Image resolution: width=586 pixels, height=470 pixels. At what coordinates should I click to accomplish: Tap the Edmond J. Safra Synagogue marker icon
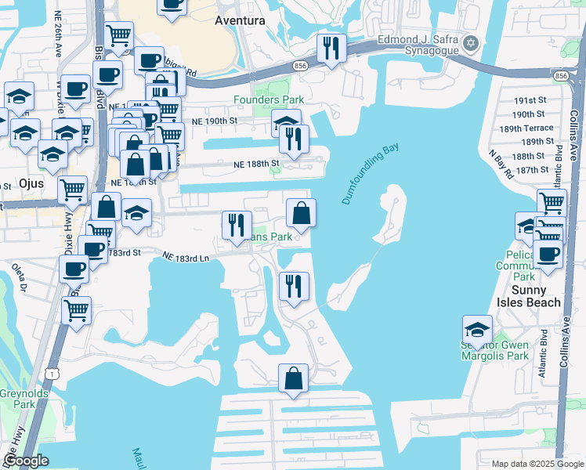(x=471, y=42)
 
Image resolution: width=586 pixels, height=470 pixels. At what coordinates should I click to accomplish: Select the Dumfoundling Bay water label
(x=371, y=175)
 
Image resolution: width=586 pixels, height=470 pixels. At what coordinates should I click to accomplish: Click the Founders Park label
(x=268, y=99)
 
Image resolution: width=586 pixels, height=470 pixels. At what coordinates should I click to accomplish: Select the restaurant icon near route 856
(x=332, y=49)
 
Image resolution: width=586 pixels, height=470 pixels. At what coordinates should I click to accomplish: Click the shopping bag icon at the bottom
(x=293, y=378)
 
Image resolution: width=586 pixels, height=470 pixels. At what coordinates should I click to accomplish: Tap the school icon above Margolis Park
(x=477, y=328)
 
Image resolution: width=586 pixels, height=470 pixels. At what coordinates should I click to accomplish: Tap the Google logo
(x=27, y=461)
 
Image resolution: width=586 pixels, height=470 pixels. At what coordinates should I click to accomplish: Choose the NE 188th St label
(x=256, y=164)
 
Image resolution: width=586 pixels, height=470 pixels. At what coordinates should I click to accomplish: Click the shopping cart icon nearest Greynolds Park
(x=77, y=309)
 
